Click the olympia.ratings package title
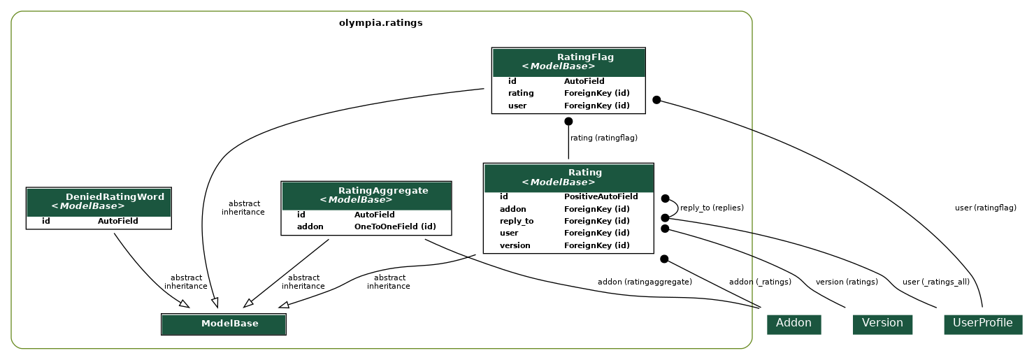(380, 23)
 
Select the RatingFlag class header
(568, 62)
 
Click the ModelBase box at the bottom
(224, 324)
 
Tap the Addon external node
(794, 324)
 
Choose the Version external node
(882, 324)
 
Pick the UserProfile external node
(982, 324)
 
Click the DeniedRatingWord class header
(99, 202)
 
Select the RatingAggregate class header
(366, 195)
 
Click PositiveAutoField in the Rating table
(601, 197)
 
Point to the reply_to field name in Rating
(516, 222)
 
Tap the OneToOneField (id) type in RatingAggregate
(395, 227)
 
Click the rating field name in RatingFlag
(521, 94)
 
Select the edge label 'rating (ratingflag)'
(604, 138)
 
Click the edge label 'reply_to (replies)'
(712, 208)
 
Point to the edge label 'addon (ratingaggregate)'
(645, 282)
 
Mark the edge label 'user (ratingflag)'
(985, 208)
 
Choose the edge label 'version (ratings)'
(847, 282)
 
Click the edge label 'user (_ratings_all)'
(935, 282)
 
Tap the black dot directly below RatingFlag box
(568, 121)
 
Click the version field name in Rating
(515, 246)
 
